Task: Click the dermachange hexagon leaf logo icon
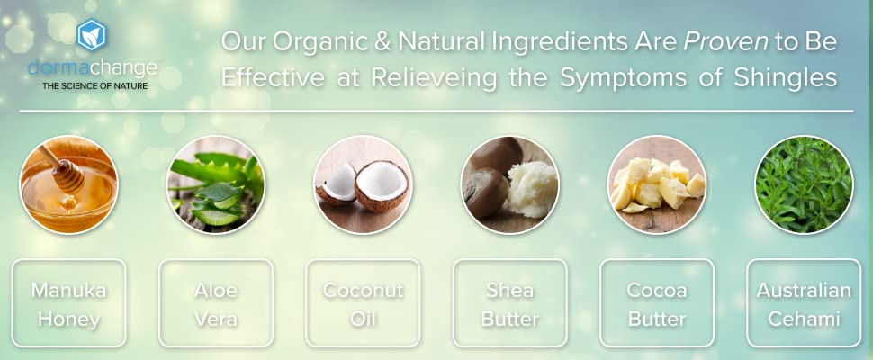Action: click(x=92, y=35)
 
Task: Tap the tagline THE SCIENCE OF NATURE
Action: click(x=95, y=86)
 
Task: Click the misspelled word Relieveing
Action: click(x=435, y=78)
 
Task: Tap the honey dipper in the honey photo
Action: click(x=64, y=169)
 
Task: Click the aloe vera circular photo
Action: click(x=216, y=184)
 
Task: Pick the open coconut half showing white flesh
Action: click(x=382, y=185)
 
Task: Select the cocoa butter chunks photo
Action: click(x=657, y=184)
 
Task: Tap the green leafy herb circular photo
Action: click(x=804, y=184)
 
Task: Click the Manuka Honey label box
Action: click(x=69, y=303)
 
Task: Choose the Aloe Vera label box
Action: click(x=216, y=303)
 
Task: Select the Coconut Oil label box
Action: click(x=363, y=303)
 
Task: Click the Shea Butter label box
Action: click(x=510, y=303)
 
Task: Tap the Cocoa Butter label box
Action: click(x=657, y=303)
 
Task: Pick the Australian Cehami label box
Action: click(x=804, y=303)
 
